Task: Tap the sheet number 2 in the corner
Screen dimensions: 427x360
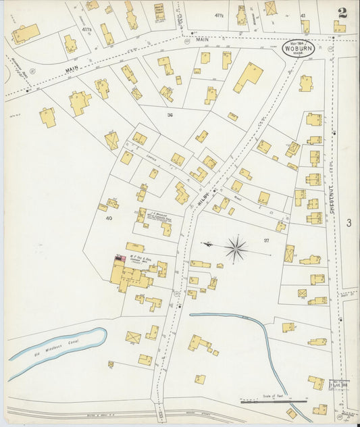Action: pyautogui.click(x=343, y=12)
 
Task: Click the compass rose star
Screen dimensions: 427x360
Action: pyautogui.click(x=236, y=249)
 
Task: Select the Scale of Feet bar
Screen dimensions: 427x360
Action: pyautogui.click(x=273, y=401)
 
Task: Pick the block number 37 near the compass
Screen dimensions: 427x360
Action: pyautogui.click(x=266, y=241)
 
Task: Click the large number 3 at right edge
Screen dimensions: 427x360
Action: pyautogui.click(x=349, y=223)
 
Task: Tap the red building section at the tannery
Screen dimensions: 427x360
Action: pyautogui.click(x=120, y=259)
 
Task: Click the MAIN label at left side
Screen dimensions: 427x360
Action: pyautogui.click(x=73, y=68)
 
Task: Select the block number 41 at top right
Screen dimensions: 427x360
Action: pyautogui.click(x=303, y=14)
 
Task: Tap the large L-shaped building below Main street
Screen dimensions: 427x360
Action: pyautogui.click(x=248, y=78)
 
